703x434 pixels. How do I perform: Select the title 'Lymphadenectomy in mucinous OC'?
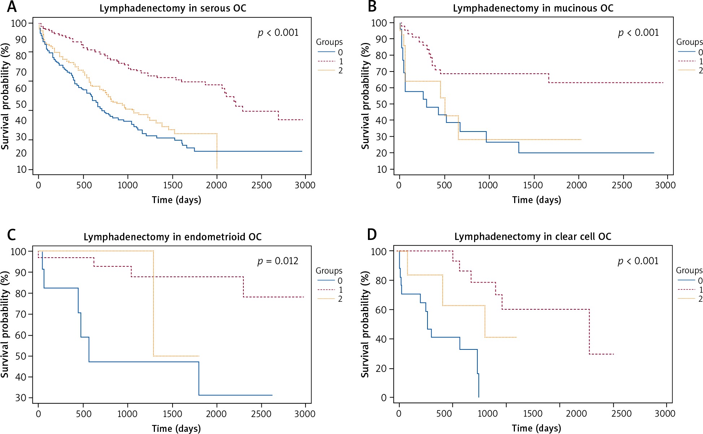point(533,8)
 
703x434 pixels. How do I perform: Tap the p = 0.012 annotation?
point(278,261)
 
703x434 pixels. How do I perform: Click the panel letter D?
point(372,235)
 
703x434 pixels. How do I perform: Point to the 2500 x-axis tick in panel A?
point(261,185)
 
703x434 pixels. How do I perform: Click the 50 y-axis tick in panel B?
point(381,104)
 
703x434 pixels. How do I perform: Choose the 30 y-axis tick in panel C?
point(21,398)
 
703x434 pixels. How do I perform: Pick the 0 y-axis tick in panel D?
point(383,398)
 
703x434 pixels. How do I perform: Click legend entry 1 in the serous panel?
point(340,61)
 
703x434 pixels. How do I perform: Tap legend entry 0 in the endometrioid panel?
point(340,281)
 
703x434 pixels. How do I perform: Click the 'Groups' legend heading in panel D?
point(689,270)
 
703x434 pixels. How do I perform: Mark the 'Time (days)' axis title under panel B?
point(537,200)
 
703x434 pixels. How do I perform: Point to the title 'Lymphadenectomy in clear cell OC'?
point(533,237)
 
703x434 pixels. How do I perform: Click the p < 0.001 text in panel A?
point(278,33)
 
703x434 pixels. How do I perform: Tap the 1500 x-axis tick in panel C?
point(172,414)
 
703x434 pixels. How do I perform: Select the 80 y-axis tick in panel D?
point(381,280)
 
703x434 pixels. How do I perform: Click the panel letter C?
point(12,235)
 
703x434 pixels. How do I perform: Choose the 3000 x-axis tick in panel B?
point(665,185)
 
